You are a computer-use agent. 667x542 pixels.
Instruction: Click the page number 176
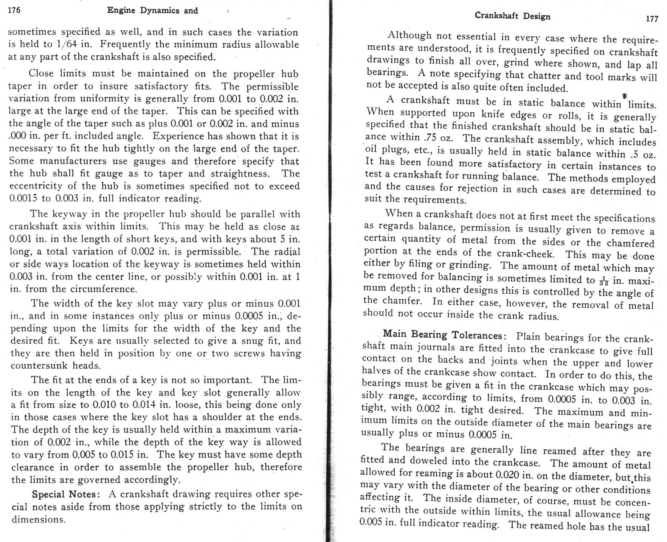point(14,10)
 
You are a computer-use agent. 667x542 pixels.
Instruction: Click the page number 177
point(652,19)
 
